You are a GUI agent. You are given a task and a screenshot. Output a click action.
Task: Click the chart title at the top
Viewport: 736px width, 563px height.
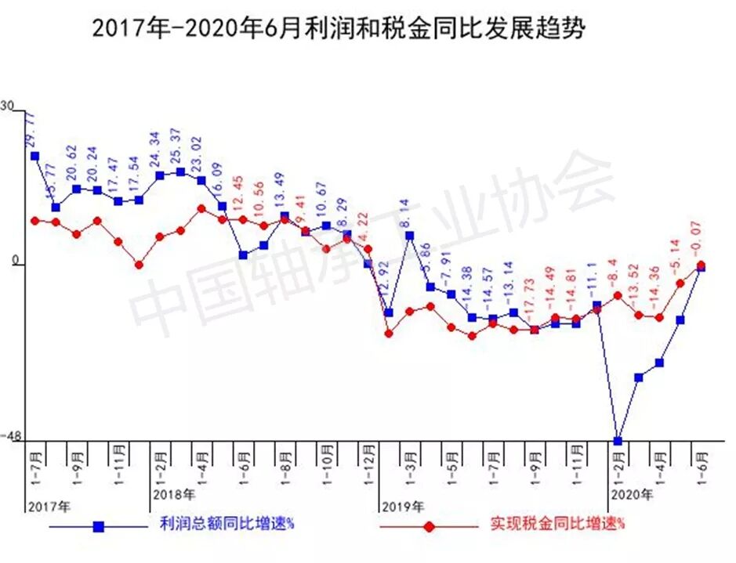pyautogui.click(x=339, y=28)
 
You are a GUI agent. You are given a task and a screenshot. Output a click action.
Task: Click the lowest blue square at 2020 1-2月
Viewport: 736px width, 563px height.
pyautogui.click(x=618, y=441)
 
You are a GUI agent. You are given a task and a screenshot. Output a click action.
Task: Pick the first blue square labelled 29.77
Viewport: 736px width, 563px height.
pyautogui.click(x=34, y=156)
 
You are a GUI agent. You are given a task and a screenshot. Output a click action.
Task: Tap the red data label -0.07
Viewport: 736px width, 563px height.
pyautogui.click(x=696, y=240)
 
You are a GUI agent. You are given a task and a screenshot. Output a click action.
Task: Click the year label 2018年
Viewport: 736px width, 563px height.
pyautogui.click(x=174, y=494)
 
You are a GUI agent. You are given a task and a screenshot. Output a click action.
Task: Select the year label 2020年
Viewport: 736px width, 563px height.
pyautogui.click(x=632, y=494)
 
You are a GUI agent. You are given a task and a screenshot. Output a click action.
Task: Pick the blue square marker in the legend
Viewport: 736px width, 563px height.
pyautogui.click(x=99, y=526)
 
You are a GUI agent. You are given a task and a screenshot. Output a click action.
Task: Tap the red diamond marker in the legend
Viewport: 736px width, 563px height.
pyautogui.click(x=429, y=526)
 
